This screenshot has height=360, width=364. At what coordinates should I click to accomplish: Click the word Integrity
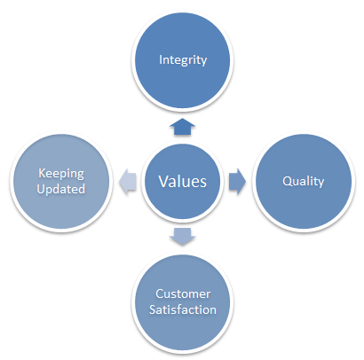tap(183, 60)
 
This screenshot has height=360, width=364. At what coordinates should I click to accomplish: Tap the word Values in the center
tap(183, 181)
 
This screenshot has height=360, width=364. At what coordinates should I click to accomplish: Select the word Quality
tap(304, 182)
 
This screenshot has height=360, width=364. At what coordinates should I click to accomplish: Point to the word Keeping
tap(61, 174)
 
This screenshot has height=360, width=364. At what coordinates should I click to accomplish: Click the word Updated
tap(61, 189)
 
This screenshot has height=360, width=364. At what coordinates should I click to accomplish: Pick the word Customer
tap(183, 293)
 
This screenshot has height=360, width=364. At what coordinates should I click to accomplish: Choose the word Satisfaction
tap(183, 309)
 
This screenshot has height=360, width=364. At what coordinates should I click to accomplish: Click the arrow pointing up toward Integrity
tap(182, 127)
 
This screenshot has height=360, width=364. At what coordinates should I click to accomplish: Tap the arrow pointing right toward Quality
tap(237, 181)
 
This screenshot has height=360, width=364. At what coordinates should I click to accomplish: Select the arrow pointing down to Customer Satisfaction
tap(182, 237)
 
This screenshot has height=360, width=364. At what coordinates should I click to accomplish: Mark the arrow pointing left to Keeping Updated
tap(128, 181)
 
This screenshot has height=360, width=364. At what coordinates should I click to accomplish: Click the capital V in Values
tap(163, 181)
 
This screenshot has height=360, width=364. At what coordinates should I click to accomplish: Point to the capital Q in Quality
tap(288, 181)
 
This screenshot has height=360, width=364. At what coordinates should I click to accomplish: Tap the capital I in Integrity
tap(161, 59)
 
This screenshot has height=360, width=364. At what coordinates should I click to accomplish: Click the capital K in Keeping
tap(43, 173)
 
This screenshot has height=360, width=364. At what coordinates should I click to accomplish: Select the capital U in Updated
tap(42, 189)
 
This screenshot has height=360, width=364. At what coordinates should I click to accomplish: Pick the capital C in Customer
tap(160, 293)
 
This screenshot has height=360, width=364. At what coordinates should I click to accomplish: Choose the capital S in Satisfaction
tap(153, 309)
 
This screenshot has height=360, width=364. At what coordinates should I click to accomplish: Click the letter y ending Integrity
tap(203, 62)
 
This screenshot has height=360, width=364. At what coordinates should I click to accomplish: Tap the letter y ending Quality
tap(321, 184)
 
